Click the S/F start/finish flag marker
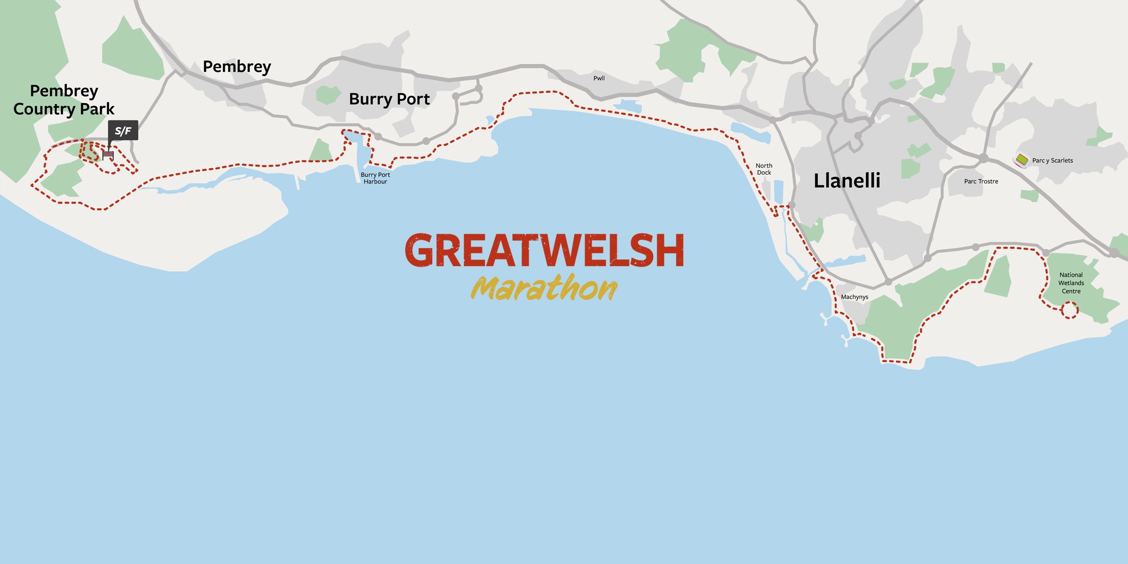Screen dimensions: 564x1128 pyautogui.click(x=123, y=131)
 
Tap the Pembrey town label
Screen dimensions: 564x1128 pyautogui.click(x=236, y=67)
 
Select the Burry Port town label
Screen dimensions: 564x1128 pyautogui.click(x=389, y=99)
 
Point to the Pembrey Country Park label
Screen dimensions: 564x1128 pyautogui.click(x=64, y=100)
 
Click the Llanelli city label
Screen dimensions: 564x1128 pyautogui.click(x=847, y=180)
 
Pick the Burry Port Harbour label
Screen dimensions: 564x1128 pyautogui.click(x=375, y=178)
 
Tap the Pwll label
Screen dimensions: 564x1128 pyautogui.click(x=599, y=78)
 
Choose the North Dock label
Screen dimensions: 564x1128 pyautogui.click(x=764, y=169)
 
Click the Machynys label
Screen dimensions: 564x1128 pyautogui.click(x=854, y=297)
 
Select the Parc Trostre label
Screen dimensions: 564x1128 pyautogui.click(x=981, y=182)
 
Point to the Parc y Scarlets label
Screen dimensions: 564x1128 pyautogui.click(x=1052, y=160)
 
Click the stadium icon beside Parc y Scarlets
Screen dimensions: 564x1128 pyautogui.click(x=1021, y=160)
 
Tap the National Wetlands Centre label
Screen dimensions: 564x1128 pyautogui.click(x=1071, y=283)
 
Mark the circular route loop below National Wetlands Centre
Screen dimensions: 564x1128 pyautogui.click(x=1070, y=310)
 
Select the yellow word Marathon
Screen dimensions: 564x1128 pyautogui.click(x=545, y=288)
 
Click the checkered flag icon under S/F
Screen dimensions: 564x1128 pyautogui.click(x=108, y=154)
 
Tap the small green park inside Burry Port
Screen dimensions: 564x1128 pyautogui.click(x=328, y=94)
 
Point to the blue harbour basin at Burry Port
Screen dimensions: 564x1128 pyautogui.click(x=359, y=149)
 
